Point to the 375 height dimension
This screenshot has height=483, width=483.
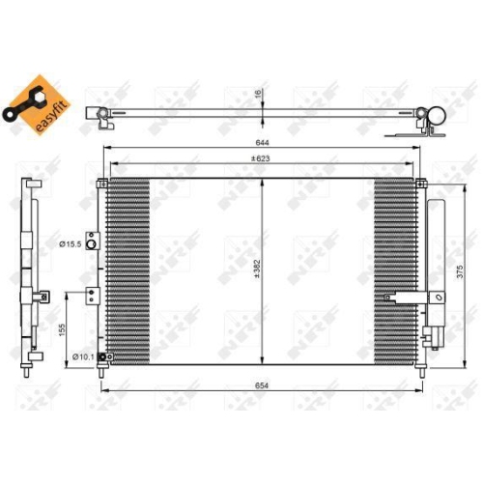pos(463,272)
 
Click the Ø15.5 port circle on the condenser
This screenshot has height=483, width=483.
pos(91,244)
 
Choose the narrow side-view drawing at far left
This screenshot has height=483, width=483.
pos(33,275)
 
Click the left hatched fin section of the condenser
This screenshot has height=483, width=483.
pos(127,271)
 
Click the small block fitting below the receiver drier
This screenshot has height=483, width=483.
pos(432,337)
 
